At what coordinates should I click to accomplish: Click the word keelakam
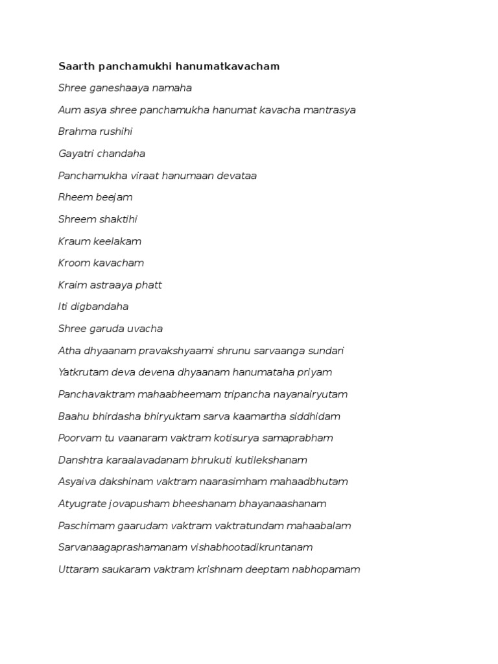click(118, 241)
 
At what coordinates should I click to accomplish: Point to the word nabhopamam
click(327, 569)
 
